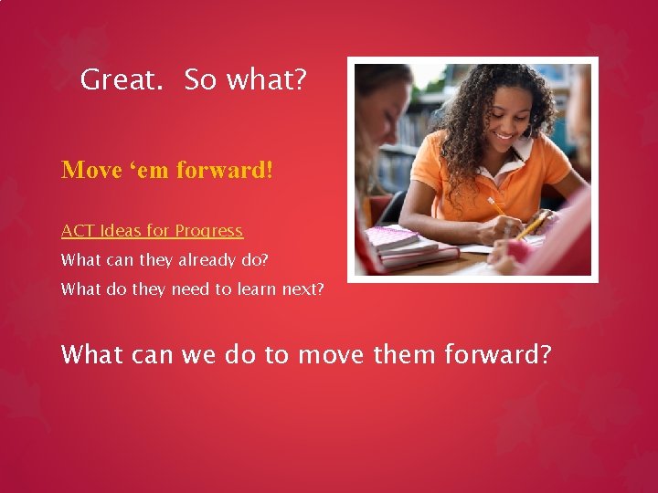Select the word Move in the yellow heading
88,171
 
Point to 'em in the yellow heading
143,171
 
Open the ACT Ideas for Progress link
152,231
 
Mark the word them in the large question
405,353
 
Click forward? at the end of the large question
498,353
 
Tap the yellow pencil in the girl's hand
499,207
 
